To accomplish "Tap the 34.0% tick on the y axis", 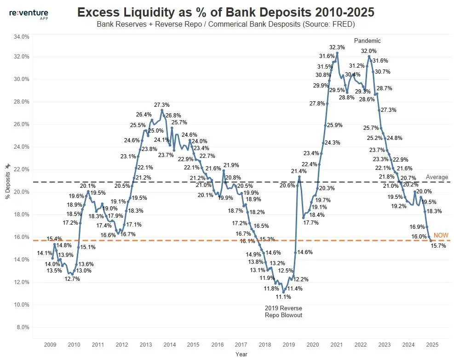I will point(20,36).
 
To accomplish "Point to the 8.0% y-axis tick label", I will point(21,327).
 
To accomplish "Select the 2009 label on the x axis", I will point(50,344).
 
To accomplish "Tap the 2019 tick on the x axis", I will point(289,344).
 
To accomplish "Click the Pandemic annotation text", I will point(367,41).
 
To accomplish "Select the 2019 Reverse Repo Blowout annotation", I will point(283,311).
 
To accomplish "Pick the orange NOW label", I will point(441,236).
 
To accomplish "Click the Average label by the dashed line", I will point(437,177).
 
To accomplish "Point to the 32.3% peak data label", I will point(337,47).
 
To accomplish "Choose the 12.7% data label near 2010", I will point(72,279).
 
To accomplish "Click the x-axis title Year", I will point(241,354).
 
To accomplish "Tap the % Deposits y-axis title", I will point(7,182).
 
